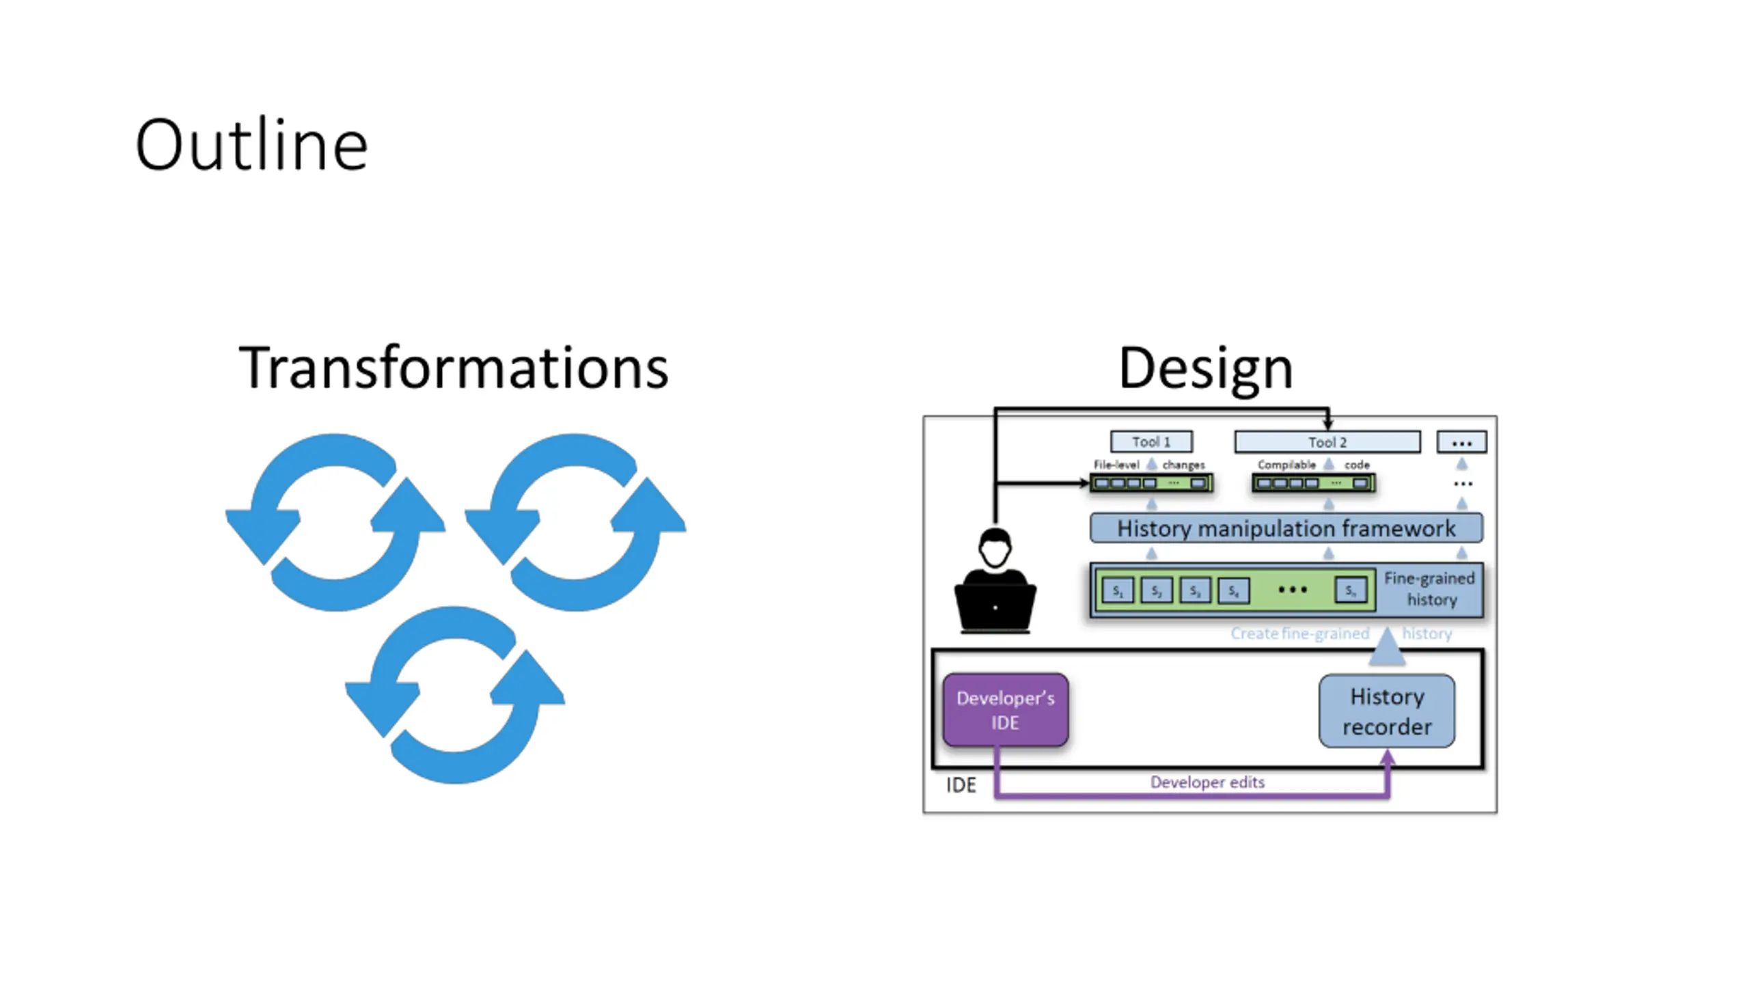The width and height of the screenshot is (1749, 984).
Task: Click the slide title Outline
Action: (251, 145)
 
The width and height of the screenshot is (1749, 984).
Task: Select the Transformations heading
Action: (453, 368)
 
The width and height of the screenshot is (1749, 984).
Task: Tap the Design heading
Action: (1206, 368)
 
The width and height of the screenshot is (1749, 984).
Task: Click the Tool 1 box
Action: (1151, 441)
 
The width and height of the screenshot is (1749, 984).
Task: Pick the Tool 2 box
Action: (1327, 442)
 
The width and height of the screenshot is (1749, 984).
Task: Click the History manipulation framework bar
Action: (1286, 528)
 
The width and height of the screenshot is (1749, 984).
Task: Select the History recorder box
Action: (1386, 711)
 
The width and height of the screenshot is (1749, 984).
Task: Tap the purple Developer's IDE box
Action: (1005, 710)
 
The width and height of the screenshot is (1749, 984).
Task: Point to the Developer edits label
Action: (1207, 782)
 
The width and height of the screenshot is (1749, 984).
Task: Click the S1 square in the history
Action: (1118, 591)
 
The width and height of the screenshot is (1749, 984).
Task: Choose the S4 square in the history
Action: (1233, 591)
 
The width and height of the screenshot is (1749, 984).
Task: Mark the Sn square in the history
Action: (1350, 590)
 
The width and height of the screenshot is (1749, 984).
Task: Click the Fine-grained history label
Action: (1430, 589)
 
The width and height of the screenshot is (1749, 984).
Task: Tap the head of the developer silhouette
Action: (995, 547)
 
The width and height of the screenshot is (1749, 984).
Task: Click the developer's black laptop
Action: (995, 607)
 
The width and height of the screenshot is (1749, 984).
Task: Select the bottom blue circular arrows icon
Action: (454, 695)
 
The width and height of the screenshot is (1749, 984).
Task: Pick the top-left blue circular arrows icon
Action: (335, 522)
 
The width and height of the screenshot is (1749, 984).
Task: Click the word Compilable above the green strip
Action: (1286, 465)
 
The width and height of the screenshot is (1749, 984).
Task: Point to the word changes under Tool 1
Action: (1183, 465)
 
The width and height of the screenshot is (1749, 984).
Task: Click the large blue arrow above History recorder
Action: (1387, 646)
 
